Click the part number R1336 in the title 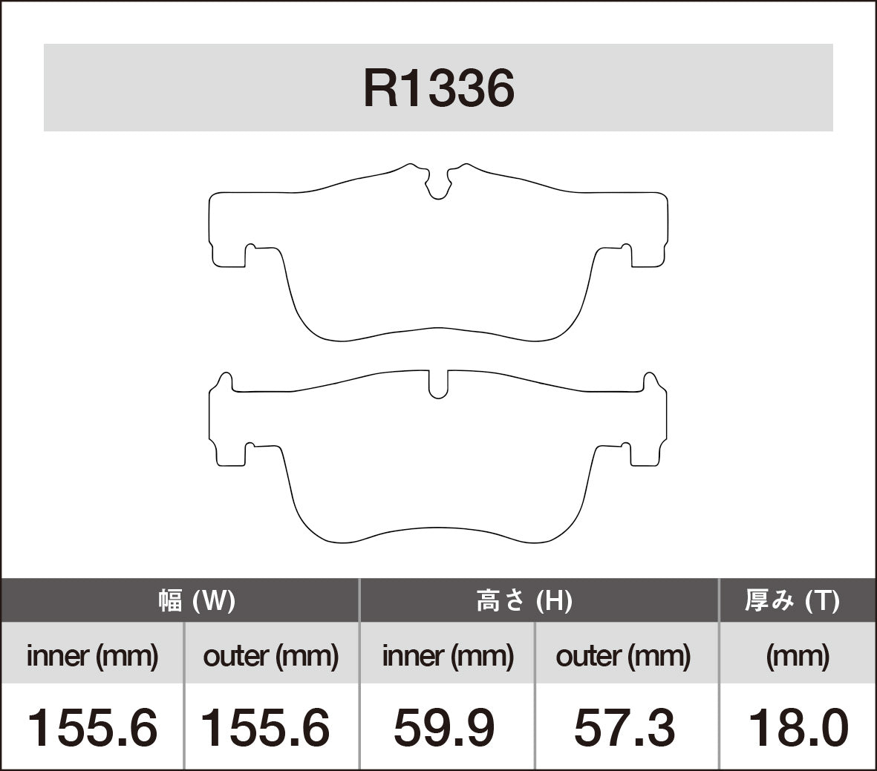[x=438, y=89]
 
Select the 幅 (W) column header [x=197, y=600]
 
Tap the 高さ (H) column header [x=524, y=600]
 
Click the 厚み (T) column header [x=792, y=600]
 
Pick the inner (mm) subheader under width [x=92, y=656]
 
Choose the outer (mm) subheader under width [x=271, y=656]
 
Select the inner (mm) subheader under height [x=448, y=656]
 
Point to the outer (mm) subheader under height [x=623, y=656]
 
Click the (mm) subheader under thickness [x=798, y=656]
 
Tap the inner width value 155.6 [x=92, y=727]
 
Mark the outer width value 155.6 [x=265, y=727]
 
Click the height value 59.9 [x=444, y=727]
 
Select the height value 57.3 [x=625, y=727]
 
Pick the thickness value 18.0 [x=798, y=727]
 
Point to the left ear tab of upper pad [x=227, y=230]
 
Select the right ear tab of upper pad [x=649, y=230]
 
